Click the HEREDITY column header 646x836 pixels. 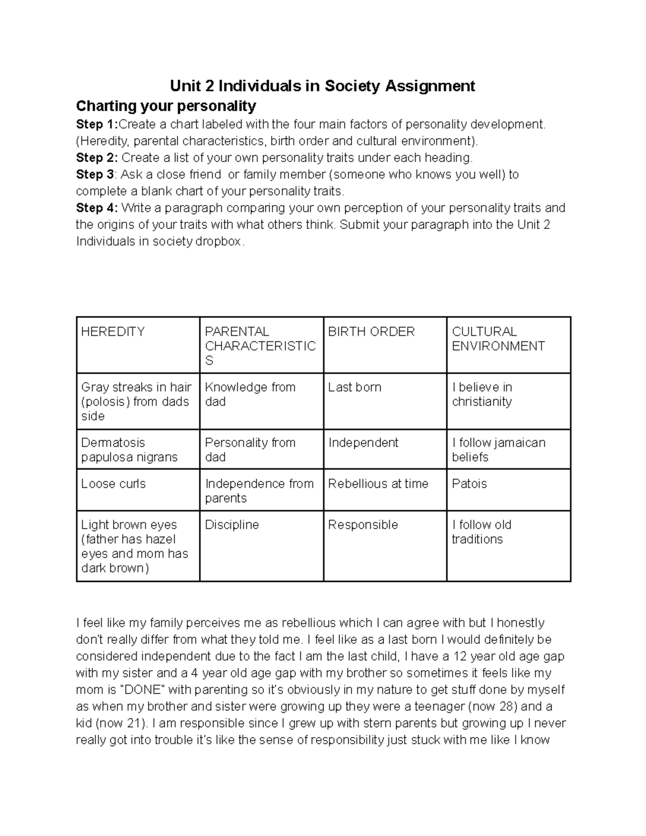point(113,332)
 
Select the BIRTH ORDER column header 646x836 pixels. point(371,332)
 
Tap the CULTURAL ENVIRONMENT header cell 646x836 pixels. point(498,339)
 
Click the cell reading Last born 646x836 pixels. point(355,387)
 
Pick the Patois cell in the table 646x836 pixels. point(469,483)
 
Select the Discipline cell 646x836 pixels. point(232,525)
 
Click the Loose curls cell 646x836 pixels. point(114,483)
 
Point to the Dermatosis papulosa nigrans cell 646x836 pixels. point(129,449)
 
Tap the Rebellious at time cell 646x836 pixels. point(378,483)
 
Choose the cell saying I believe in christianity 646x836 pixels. point(482,394)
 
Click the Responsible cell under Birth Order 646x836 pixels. point(363,525)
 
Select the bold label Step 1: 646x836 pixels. point(97,124)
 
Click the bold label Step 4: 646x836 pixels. point(97,208)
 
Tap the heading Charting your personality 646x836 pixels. point(166,105)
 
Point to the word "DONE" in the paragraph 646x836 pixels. point(143,690)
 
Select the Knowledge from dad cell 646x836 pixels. point(250,394)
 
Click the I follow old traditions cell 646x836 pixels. point(482,532)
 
